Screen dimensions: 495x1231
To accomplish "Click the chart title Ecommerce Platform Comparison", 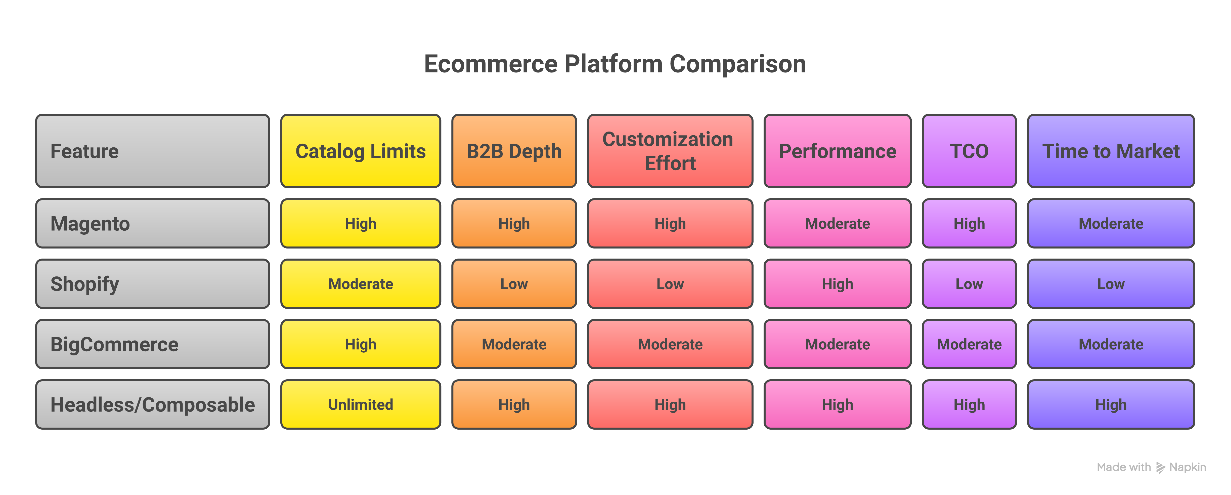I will click(615, 64).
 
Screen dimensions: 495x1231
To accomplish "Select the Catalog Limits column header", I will click(360, 151).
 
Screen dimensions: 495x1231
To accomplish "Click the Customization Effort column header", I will click(670, 151).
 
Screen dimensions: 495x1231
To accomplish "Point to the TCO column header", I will click(969, 151).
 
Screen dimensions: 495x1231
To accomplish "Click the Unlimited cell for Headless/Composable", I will click(360, 405).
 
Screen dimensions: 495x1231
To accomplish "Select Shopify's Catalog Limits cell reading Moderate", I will click(360, 284).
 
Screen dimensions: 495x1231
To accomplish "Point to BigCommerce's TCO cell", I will click(969, 344).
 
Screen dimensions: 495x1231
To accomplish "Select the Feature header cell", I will click(152, 151).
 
